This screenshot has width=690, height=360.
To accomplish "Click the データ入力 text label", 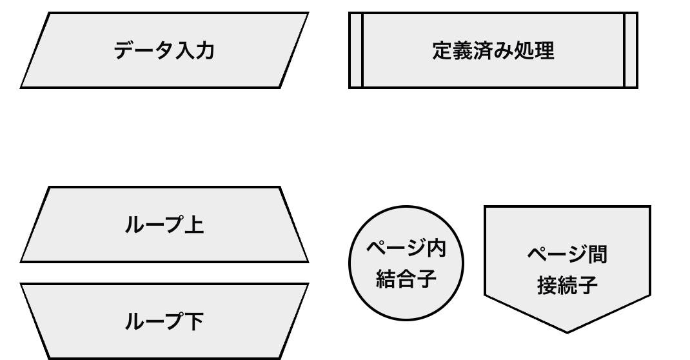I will [164, 50].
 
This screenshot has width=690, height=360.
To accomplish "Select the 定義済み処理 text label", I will [493, 50].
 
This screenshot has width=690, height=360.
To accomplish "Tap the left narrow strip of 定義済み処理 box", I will [356, 50].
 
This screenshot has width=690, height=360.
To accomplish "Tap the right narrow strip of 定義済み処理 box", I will [631, 50].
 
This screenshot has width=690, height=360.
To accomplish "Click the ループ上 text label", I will [164, 225].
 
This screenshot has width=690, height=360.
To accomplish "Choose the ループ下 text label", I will [164, 321].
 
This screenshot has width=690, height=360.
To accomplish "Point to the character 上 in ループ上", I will [194, 225].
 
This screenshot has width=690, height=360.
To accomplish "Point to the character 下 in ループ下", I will [194, 321].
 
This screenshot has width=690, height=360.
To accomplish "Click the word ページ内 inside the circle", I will [406, 248].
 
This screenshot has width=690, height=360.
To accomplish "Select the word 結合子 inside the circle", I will [406, 279].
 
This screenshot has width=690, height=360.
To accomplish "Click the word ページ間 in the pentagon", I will [567, 254].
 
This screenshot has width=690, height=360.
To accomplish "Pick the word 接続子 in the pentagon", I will [567, 285].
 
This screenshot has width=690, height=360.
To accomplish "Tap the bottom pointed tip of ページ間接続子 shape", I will [567, 330].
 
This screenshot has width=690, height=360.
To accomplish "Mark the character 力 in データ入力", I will [204, 50].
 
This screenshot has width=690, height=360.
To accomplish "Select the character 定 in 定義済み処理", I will [442, 50].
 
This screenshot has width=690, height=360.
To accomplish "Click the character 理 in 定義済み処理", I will [544, 50].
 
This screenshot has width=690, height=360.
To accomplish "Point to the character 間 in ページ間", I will [597, 254].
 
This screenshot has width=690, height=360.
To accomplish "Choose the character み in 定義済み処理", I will [504, 50].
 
